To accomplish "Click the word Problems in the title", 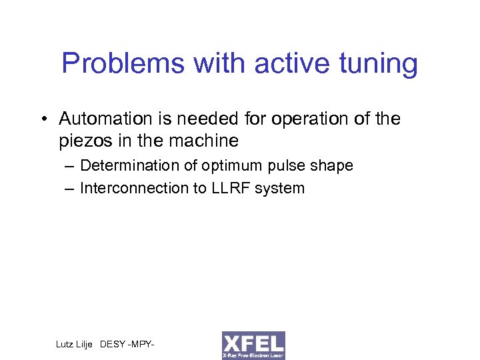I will click(x=111, y=65).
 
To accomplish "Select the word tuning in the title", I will click(x=377, y=65).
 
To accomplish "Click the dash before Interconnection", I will click(x=69, y=189).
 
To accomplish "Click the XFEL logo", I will click(x=253, y=345).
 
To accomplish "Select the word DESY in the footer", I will click(x=114, y=344).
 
